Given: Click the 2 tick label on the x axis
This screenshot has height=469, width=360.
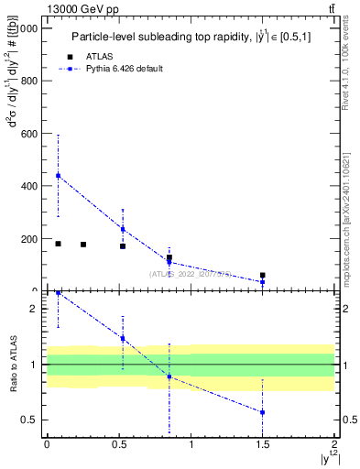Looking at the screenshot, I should coord(334,446).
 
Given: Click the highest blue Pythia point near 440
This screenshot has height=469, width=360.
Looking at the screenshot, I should coord(58,175).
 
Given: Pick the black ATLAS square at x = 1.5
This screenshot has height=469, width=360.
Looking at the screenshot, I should coord(263,275).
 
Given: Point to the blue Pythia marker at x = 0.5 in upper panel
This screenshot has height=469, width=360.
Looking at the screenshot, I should coord(123,229).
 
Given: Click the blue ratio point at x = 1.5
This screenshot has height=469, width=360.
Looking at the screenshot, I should coord(263,412).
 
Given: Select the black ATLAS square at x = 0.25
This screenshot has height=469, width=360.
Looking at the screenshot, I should coord(83,245).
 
